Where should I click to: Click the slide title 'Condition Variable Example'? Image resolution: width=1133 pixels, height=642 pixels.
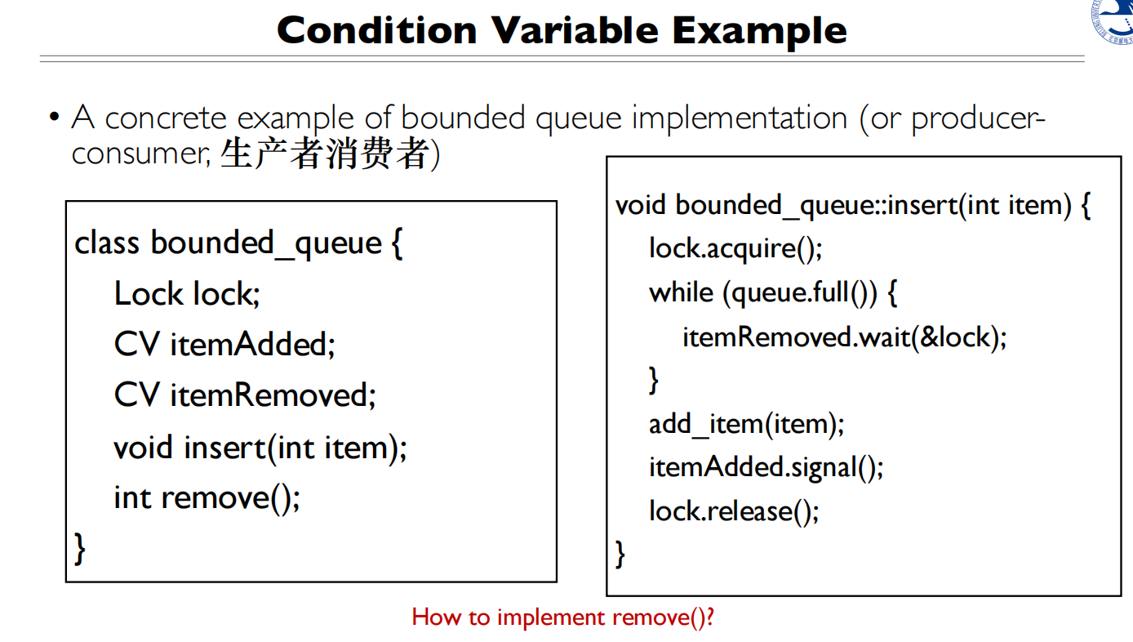[562, 30]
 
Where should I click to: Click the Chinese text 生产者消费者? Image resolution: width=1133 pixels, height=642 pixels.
[324, 154]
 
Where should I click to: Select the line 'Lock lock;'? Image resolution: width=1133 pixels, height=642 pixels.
[187, 294]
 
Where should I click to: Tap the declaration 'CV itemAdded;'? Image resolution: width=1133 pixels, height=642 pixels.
[224, 345]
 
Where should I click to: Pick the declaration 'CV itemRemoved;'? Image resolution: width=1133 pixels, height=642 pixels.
[245, 396]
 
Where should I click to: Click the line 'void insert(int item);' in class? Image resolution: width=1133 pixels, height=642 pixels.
[260, 448]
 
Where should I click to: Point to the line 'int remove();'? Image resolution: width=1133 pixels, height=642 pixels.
[207, 497]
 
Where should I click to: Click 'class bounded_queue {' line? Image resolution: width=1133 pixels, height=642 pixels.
[238, 243]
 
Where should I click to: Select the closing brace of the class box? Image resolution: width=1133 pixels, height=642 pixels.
[80, 547]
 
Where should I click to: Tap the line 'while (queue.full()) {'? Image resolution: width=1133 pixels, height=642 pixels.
[773, 292]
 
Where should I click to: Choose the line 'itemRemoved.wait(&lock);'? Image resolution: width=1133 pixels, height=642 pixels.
[844, 337]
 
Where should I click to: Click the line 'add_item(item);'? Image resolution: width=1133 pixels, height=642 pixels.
[746, 424]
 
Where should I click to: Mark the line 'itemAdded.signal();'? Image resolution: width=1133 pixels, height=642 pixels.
[766, 467]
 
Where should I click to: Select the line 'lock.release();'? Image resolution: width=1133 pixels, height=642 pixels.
[733, 511]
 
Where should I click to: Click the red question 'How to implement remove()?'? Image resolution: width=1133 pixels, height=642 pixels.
[562, 617]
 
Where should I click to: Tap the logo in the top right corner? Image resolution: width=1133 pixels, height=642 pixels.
[1114, 20]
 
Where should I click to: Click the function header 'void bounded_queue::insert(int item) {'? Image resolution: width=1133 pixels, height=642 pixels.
[852, 204]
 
